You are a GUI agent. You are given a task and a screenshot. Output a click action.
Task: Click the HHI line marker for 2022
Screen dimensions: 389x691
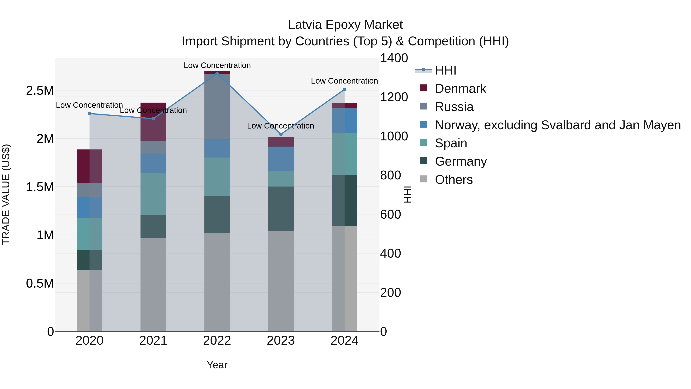(x=217, y=73)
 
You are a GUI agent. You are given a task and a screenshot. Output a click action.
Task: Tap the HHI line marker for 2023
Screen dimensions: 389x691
(x=281, y=134)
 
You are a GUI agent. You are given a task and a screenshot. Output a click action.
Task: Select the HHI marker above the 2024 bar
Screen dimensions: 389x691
(x=345, y=89)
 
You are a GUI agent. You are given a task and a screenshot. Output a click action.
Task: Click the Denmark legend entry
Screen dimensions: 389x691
(x=460, y=89)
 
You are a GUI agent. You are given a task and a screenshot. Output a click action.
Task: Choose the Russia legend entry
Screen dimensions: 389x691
(x=454, y=107)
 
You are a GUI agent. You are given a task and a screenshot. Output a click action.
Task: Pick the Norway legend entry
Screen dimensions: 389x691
(x=557, y=125)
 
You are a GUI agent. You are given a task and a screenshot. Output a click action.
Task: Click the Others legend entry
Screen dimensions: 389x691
(x=453, y=180)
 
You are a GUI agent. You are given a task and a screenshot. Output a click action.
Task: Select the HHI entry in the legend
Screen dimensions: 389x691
(x=445, y=70)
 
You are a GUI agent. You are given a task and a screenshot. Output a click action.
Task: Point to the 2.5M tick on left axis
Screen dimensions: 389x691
(x=40, y=91)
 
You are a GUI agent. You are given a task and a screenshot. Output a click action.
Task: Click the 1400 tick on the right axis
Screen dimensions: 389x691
(x=394, y=58)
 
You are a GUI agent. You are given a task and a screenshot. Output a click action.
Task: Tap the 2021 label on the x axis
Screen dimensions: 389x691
(x=153, y=341)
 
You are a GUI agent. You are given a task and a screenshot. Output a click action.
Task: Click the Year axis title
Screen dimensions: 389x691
(x=217, y=365)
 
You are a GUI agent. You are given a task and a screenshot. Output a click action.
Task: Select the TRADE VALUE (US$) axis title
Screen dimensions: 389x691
(x=6, y=194)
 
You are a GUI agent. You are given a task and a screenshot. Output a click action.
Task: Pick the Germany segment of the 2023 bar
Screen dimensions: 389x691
(x=281, y=209)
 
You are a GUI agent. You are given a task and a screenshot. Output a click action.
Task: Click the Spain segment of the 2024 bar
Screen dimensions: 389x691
(x=345, y=154)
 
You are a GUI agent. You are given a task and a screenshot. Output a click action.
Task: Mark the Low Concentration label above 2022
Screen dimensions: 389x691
(x=217, y=65)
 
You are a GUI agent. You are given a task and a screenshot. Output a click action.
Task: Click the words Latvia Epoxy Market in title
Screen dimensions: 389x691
(x=345, y=25)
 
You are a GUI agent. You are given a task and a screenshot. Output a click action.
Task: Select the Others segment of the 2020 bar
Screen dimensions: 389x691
(x=89, y=301)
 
